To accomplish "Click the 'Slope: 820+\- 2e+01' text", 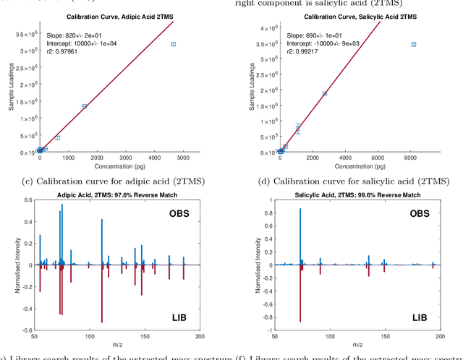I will pos(81,34).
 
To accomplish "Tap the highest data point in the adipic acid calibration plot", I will pos(174,44).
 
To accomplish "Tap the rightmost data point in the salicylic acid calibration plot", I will pos(414,44).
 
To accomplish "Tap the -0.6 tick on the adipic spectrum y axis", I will pos(27,330).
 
